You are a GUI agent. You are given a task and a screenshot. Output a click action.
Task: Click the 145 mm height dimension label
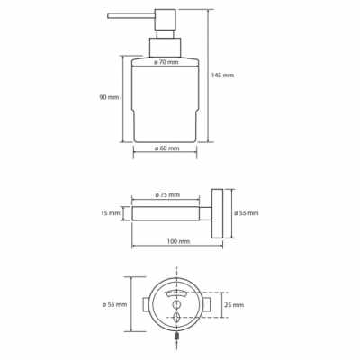(x=222, y=75)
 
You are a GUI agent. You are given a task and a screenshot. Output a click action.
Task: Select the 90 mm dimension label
(x=110, y=97)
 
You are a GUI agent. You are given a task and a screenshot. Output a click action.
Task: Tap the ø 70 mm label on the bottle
(x=166, y=62)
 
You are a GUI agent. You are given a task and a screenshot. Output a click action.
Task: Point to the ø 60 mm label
(x=166, y=148)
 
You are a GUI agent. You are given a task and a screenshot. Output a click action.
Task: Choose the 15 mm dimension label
(x=110, y=213)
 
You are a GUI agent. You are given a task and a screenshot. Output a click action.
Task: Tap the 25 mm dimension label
(x=234, y=305)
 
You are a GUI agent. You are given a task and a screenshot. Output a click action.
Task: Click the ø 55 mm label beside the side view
(x=246, y=213)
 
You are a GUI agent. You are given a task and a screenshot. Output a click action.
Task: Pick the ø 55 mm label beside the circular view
(x=114, y=304)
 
